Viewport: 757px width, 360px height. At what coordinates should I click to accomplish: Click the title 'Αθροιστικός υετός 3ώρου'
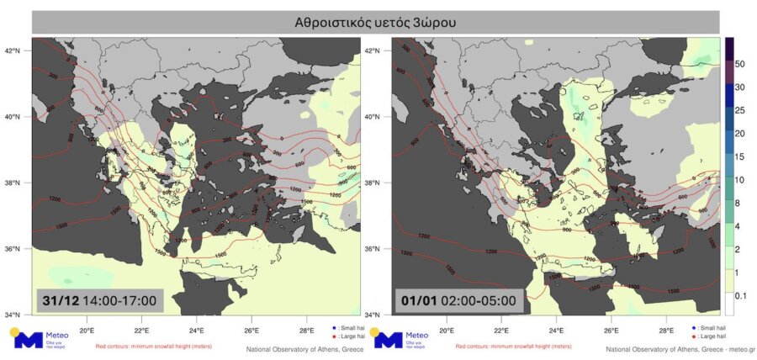click(x=375, y=23)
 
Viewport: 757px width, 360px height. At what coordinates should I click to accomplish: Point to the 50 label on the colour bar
click(x=741, y=64)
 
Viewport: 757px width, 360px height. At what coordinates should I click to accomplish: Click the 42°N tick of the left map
click(x=16, y=50)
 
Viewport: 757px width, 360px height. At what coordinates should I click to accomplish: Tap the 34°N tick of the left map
click(x=16, y=315)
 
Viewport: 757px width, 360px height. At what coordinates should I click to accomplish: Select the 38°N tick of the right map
click(x=377, y=183)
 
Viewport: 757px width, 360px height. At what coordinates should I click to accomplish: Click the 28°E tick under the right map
click(x=666, y=330)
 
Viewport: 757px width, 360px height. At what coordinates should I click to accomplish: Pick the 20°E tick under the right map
click(x=447, y=330)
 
